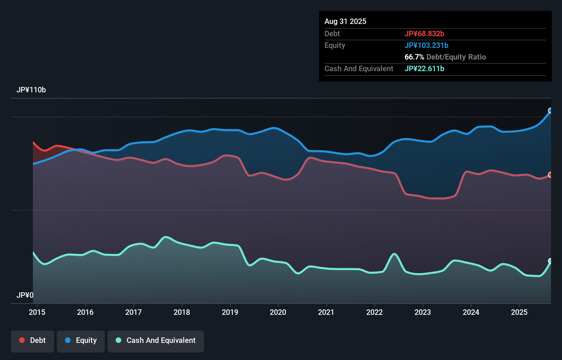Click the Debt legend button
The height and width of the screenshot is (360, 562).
[x=33, y=340]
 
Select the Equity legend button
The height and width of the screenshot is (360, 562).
[x=81, y=340]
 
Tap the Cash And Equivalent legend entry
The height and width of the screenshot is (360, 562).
[x=156, y=340]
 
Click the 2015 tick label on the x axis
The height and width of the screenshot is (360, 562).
[x=37, y=312]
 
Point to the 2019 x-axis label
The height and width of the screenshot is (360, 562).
[x=230, y=312]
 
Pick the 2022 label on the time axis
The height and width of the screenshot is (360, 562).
[x=374, y=312]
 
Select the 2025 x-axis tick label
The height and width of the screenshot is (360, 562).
[x=519, y=312]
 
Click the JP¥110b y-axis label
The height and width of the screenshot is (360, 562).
[x=31, y=90]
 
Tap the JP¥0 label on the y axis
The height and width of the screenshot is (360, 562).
[x=25, y=295]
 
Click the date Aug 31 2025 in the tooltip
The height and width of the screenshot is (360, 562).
[x=345, y=22]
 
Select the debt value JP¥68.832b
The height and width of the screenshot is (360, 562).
[x=424, y=34]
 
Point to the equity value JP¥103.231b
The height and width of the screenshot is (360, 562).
[x=426, y=46]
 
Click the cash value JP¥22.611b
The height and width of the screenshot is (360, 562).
[x=424, y=69]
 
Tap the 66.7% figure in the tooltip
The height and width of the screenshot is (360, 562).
[x=414, y=57]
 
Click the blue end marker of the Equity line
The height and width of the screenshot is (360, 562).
[x=550, y=111]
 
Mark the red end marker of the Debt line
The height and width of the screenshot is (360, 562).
[x=550, y=175]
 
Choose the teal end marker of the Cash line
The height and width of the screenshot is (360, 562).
[x=550, y=261]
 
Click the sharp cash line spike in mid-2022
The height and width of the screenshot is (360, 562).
[x=394, y=254]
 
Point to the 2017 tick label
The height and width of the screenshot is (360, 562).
[x=133, y=312]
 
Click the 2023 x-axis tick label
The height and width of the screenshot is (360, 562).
[x=423, y=312]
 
